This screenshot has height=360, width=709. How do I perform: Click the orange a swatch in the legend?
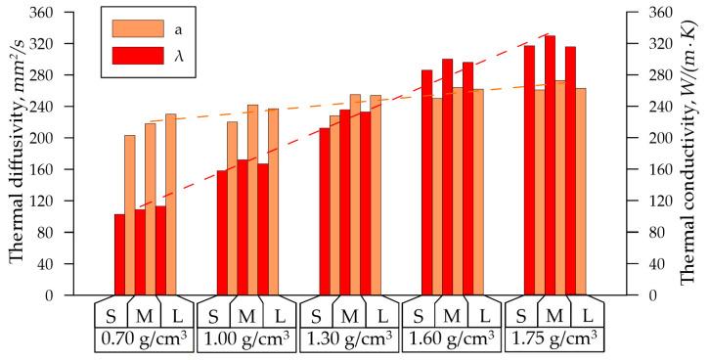(x=132, y=27)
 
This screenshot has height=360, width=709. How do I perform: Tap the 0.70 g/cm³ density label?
(x=143, y=339)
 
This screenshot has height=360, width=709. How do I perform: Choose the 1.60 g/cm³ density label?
(x=450, y=339)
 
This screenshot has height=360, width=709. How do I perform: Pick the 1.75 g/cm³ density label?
(x=553, y=339)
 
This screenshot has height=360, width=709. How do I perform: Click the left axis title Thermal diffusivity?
(x=17, y=154)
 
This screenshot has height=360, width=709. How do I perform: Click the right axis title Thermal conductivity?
(x=691, y=154)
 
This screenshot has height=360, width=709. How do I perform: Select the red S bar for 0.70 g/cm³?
(x=119, y=254)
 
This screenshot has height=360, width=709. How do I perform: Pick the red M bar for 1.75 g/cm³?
(x=550, y=165)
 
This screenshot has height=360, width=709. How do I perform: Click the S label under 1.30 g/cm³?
(x=315, y=316)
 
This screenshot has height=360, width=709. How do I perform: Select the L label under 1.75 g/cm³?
(x=587, y=316)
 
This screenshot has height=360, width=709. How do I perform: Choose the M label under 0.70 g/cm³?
(x=143, y=316)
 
